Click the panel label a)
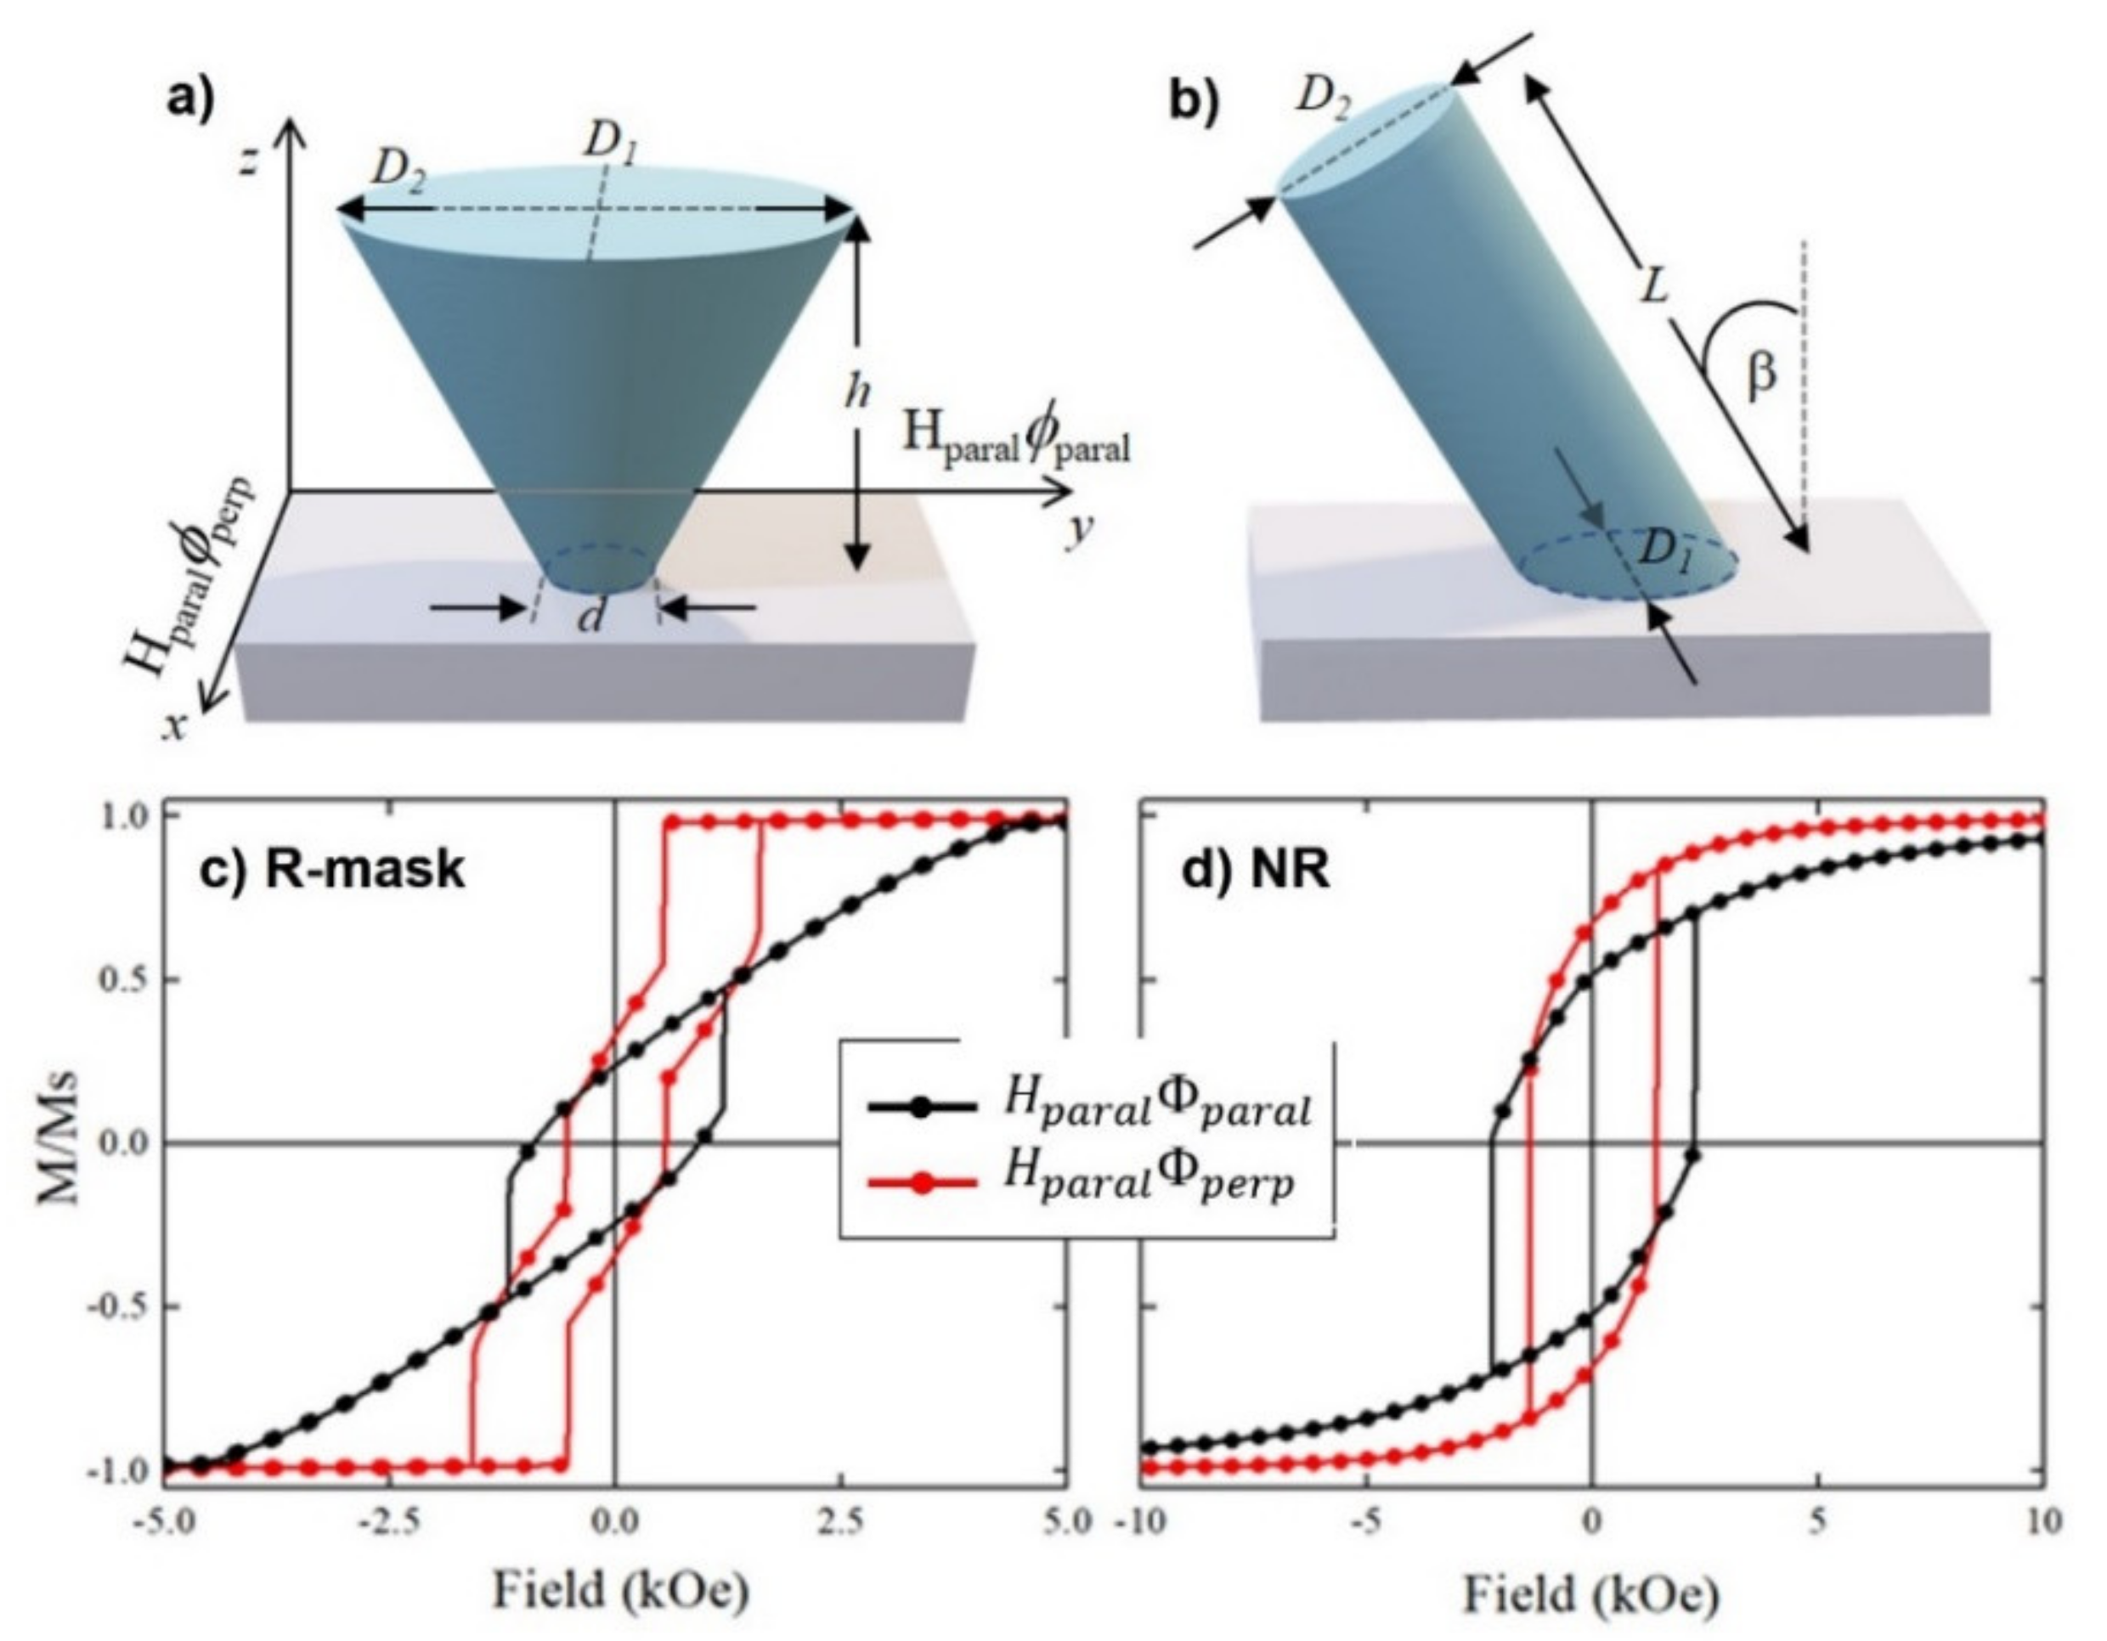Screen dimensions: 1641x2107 tap(191, 99)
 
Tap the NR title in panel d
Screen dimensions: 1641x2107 tap(1255, 871)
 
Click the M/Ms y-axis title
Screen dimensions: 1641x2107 tap(59, 1143)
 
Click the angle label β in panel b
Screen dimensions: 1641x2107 tap(1761, 375)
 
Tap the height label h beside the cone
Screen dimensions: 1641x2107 tap(856, 392)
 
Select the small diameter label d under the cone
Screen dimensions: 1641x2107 tap(591, 617)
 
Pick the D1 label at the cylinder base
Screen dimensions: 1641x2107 tap(1666, 552)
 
